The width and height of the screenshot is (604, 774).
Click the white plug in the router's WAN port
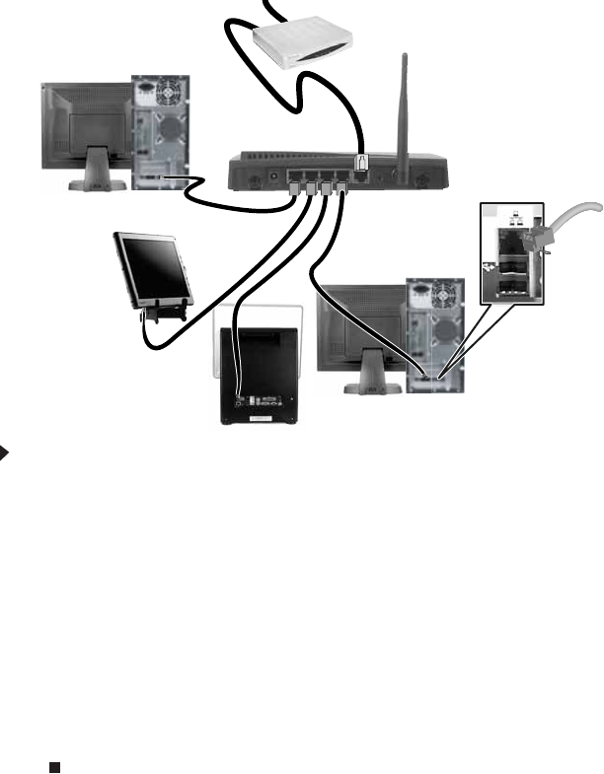click(x=362, y=163)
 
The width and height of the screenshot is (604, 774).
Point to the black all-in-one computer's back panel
click(x=261, y=370)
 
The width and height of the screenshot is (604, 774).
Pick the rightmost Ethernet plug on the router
click(x=341, y=184)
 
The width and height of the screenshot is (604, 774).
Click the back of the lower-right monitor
click(x=360, y=325)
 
